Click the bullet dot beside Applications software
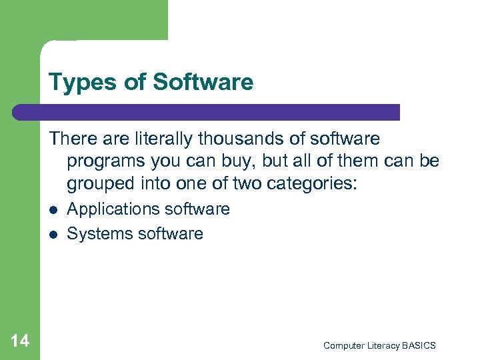[x=53, y=210]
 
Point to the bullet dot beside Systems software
[x=53, y=234]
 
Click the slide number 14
[x=20, y=341]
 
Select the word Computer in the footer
[x=343, y=345]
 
